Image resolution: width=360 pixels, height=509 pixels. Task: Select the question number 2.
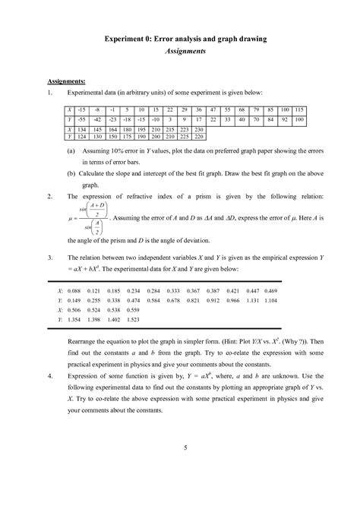coord(49,196)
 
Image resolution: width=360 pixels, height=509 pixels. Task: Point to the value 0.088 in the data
coord(75,291)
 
